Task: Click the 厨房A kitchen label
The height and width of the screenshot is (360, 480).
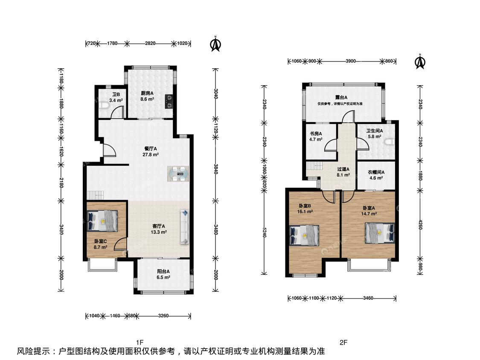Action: pos(147,93)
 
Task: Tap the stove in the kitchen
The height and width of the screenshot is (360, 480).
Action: pos(169,102)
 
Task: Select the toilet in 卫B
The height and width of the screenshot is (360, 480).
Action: pos(104,105)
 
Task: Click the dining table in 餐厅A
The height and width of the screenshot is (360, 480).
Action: pos(178,174)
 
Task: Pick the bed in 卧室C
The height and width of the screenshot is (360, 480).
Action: pos(102,221)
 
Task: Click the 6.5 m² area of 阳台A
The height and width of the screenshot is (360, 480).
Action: pos(163,277)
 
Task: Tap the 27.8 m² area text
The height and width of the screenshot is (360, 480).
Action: pos(151,154)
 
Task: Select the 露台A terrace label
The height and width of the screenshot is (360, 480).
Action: pos(341,97)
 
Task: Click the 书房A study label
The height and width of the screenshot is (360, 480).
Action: pos(316,134)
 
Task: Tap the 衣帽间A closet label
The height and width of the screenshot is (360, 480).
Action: pos(376,172)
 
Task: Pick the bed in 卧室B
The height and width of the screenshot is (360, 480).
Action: pos(304,235)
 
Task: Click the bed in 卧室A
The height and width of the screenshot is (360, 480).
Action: pos(380,233)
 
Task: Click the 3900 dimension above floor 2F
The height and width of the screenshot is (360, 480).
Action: pos(351,61)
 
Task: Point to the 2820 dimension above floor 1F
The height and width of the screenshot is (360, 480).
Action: pos(150,43)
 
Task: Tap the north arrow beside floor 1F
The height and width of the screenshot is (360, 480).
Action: pos(215,44)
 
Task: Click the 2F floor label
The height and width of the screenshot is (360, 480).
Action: pos(343,342)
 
